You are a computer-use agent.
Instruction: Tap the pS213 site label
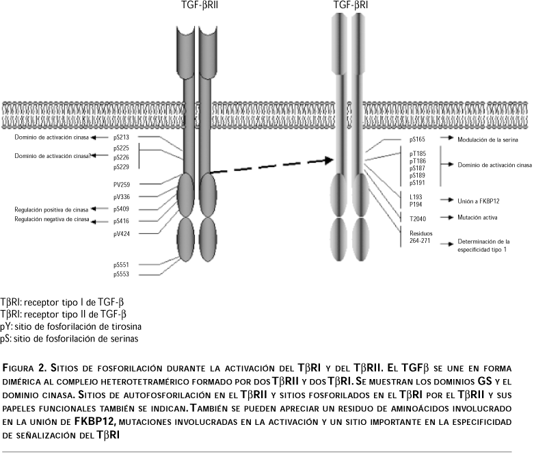[122, 138]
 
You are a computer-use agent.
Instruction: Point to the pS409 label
[122, 209]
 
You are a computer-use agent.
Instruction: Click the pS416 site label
[122, 222]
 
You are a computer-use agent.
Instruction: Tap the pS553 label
[122, 274]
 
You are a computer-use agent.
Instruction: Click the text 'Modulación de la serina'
[488, 139]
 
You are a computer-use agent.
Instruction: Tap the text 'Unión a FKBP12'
[479, 200]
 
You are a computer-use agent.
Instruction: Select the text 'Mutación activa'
[477, 218]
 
